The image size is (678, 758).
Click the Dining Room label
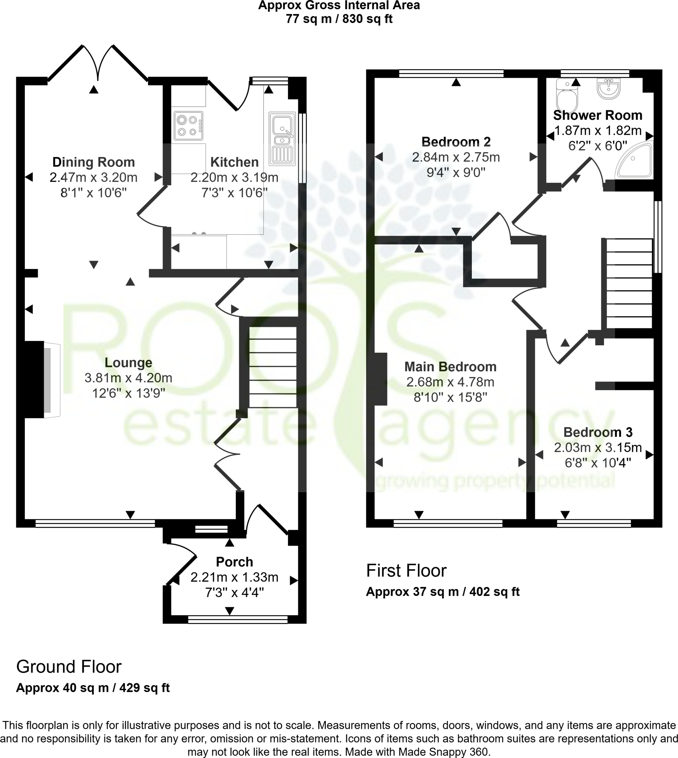click(x=93, y=162)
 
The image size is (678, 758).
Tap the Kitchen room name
click(x=234, y=162)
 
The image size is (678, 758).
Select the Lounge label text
click(x=128, y=362)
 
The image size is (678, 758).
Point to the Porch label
click(x=234, y=562)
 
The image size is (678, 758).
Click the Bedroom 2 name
click(x=456, y=142)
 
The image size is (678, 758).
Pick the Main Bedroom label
click(x=450, y=367)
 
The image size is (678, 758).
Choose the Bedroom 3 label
click(x=598, y=432)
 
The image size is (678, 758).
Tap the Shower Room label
click(x=598, y=115)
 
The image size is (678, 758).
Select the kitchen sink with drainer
click(x=282, y=138)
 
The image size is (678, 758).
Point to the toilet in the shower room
click(x=567, y=95)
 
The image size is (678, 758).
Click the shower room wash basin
click(x=609, y=89)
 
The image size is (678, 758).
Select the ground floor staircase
click(x=273, y=367)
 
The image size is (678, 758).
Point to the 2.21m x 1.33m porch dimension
click(x=234, y=577)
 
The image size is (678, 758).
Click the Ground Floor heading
click(x=69, y=667)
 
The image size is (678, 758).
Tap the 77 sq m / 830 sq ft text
click(x=339, y=19)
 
